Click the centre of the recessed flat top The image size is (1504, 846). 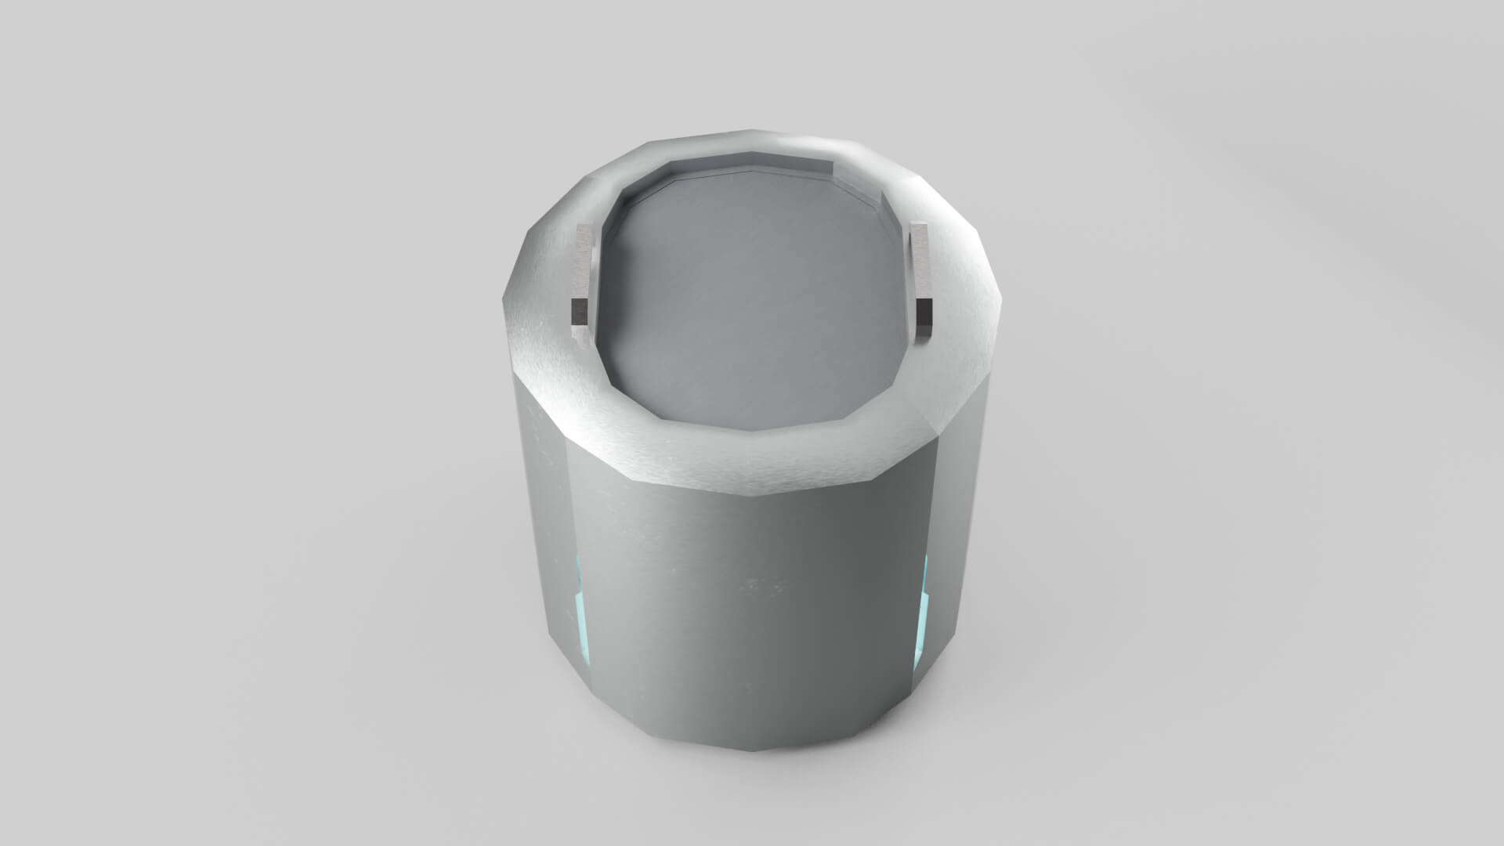coord(752,305)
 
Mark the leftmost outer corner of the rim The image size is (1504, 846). coord(504,298)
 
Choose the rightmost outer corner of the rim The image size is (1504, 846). coord(1002,298)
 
